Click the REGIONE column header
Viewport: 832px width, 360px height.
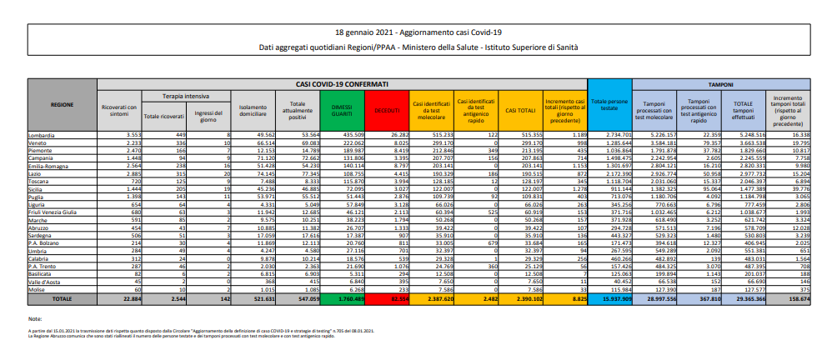(62, 106)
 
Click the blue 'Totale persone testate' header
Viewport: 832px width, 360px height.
(610, 106)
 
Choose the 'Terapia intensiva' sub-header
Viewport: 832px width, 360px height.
(186, 96)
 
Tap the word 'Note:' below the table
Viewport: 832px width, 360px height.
(34, 318)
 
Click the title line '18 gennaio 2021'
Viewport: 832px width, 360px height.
(415, 30)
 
